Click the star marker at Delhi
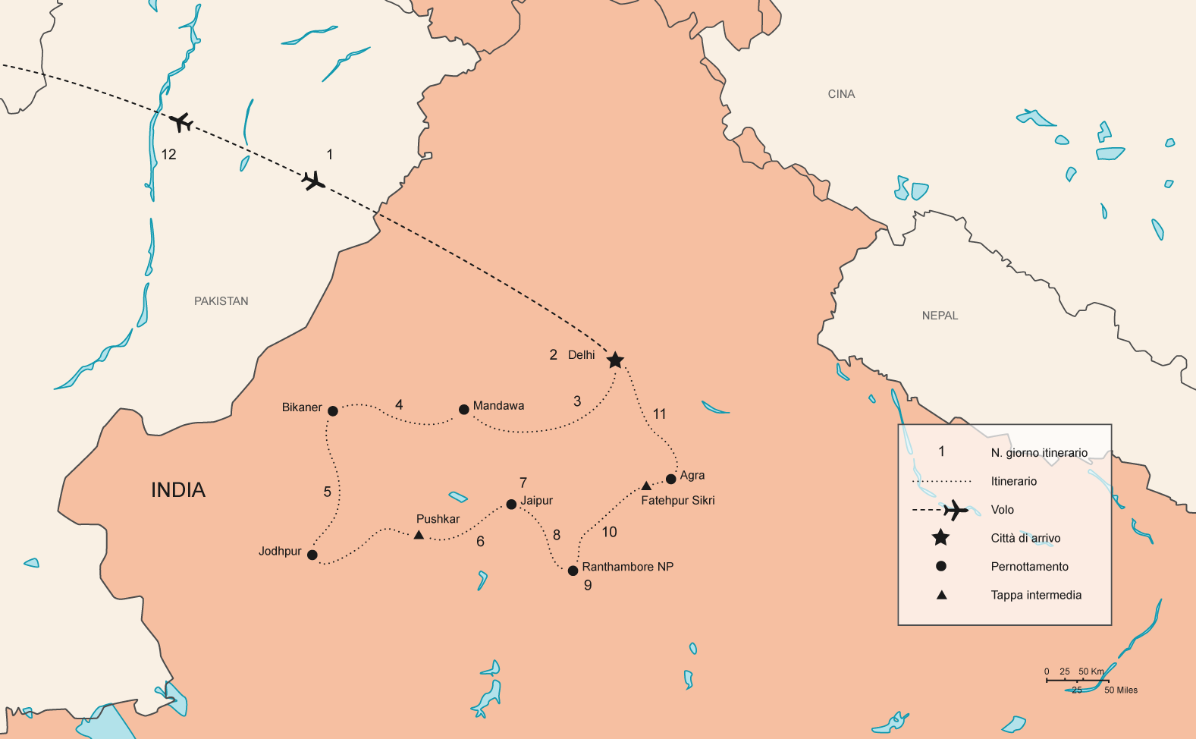pyautogui.click(x=615, y=360)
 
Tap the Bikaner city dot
pyautogui.click(x=332, y=411)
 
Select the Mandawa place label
pyautogui.click(x=498, y=406)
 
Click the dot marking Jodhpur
pyautogui.click(x=312, y=555)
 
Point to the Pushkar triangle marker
pyautogui.click(x=419, y=535)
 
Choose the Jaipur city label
pyautogui.click(x=536, y=501)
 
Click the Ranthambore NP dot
pyautogui.click(x=573, y=571)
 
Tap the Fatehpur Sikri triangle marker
pyautogui.click(x=646, y=486)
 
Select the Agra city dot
pyautogui.click(x=670, y=479)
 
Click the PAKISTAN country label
pyautogui.click(x=221, y=301)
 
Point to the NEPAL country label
pyautogui.click(x=940, y=316)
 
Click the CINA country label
pyautogui.click(x=841, y=94)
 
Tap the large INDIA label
pyautogui.click(x=178, y=490)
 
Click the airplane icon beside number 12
pyautogui.click(x=180, y=121)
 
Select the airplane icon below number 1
pyautogui.click(x=313, y=181)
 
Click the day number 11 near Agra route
pyautogui.click(x=659, y=414)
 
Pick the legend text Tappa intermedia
pyautogui.click(x=1036, y=595)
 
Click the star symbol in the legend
pyautogui.click(x=940, y=538)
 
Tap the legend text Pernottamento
pyautogui.click(x=1029, y=567)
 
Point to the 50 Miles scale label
pyautogui.click(x=1121, y=690)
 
